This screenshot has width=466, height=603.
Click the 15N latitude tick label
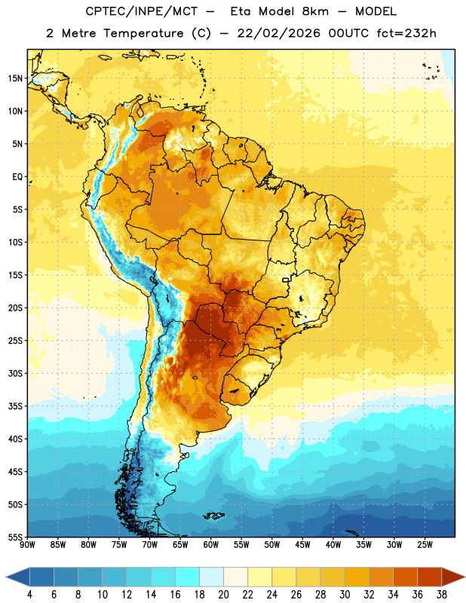tap(15, 78)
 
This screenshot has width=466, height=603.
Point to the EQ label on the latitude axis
tap(17, 177)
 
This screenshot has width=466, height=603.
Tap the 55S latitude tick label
tap(15, 537)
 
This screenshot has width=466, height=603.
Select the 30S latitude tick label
tap(15, 373)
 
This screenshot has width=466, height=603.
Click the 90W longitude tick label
tap(28, 545)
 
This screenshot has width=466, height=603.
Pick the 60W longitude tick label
tap(211, 545)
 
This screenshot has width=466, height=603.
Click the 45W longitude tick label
tap(302, 545)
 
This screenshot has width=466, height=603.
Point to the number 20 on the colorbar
tap(223, 595)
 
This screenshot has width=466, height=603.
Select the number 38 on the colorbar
tap(442, 595)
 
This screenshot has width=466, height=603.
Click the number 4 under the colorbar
tap(29, 595)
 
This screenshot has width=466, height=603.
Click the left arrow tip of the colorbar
tap(6, 577)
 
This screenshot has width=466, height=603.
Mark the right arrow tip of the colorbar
tap(464, 577)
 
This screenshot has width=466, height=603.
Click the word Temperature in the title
tap(143, 33)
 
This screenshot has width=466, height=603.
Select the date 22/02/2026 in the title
tap(278, 33)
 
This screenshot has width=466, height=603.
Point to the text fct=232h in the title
tap(406, 33)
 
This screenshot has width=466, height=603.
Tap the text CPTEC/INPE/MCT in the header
tap(142, 11)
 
